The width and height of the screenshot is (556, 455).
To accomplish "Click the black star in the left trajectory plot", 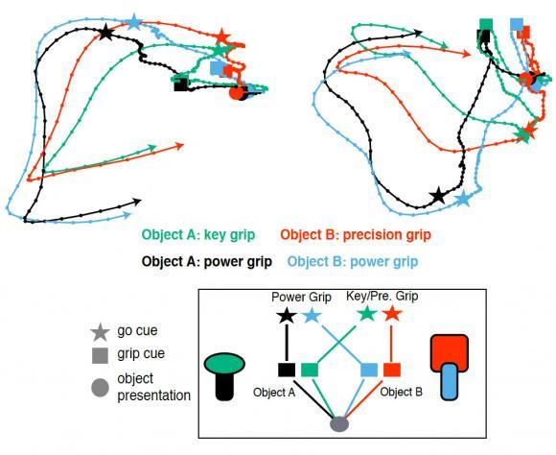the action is point(105,33).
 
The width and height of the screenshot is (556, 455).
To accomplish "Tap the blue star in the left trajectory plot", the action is point(134,22).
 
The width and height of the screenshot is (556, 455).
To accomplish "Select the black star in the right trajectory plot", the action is point(438,196).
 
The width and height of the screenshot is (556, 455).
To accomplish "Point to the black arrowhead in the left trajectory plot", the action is point(137,203).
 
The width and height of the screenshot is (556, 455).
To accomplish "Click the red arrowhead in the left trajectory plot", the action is point(180,146).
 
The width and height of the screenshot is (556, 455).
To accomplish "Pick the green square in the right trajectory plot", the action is point(486,25).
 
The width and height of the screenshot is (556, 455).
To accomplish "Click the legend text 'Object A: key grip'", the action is point(198,235).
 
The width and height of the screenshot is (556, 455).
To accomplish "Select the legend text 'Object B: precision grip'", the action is point(356,235).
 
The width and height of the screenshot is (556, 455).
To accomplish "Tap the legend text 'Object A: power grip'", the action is point(207,262).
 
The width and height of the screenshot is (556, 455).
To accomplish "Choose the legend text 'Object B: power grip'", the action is point(353,262).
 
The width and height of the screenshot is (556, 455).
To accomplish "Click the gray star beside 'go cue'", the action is point(100,332).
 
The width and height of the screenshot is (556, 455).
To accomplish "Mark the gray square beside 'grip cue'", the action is point(100,355).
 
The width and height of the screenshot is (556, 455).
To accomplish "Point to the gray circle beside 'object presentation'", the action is point(100,388).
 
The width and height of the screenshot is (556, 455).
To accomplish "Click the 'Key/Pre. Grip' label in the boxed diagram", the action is point(382,297).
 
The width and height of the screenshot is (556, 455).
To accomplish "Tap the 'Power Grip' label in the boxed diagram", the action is point(301,297).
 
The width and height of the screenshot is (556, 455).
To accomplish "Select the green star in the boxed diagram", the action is point(367,314).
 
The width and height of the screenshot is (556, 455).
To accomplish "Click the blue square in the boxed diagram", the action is point(369,370).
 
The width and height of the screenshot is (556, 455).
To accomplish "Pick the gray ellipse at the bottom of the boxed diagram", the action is point(339,424).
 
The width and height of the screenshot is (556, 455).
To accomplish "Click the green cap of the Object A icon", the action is point(224,364).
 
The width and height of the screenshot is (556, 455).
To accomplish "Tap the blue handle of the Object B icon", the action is point(450,382).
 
